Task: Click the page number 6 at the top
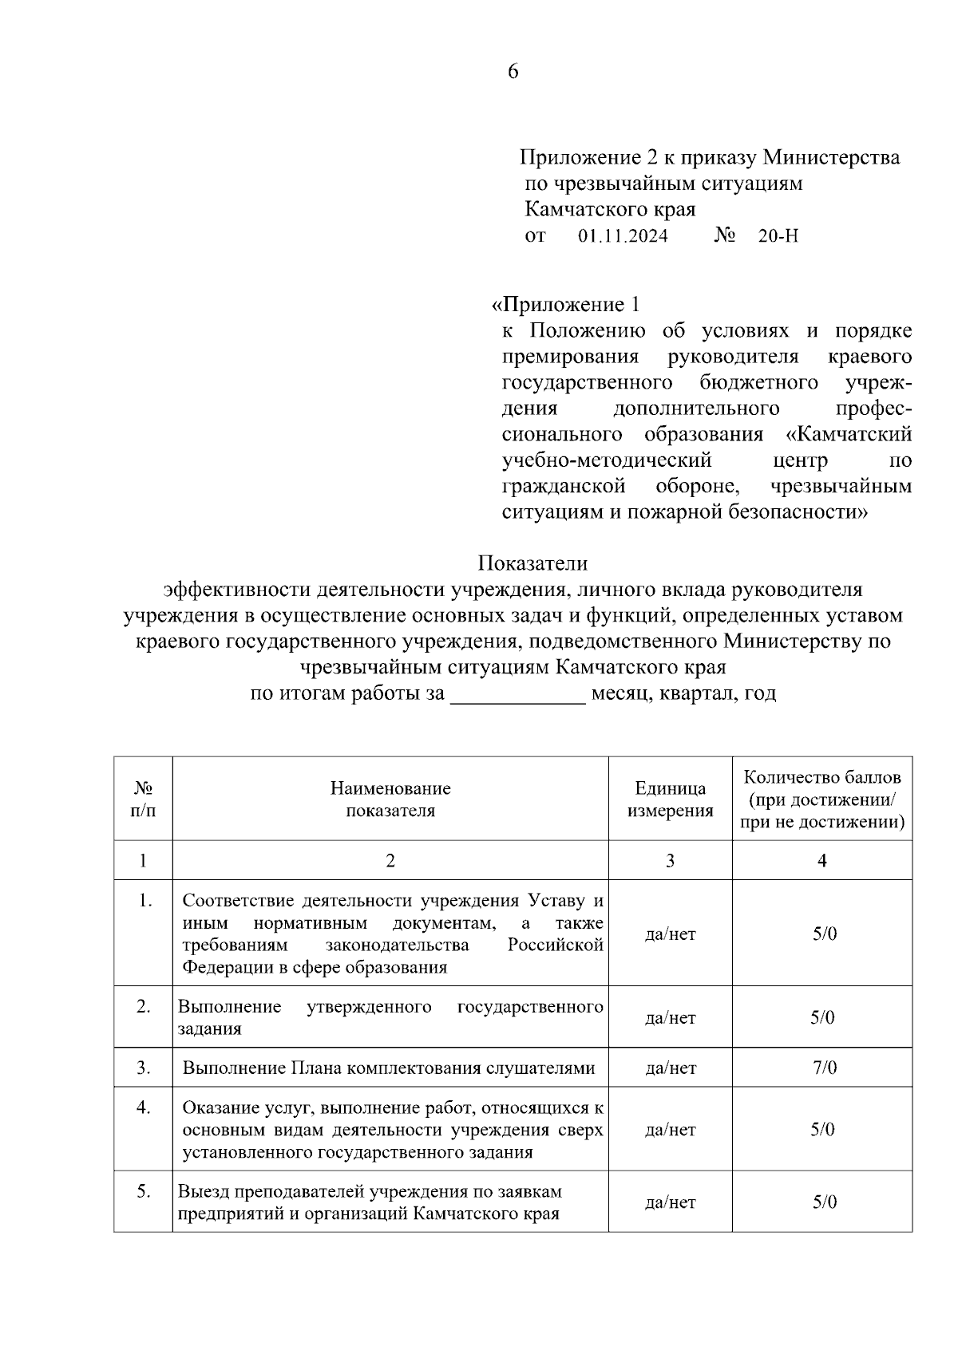(x=513, y=72)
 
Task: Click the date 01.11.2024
(x=623, y=236)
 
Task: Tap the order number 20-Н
(x=778, y=236)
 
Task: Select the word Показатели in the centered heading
(x=532, y=563)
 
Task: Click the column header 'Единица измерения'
(x=670, y=799)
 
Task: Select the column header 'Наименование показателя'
(x=390, y=799)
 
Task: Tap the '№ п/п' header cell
(x=143, y=799)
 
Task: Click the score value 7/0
(x=824, y=1068)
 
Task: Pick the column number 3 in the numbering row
(x=670, y=860)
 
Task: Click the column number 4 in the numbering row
(x=822, y=860)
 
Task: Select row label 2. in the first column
(x=144, y=1007)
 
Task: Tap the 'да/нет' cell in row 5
(x=670, y=1202)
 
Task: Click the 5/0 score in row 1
(x=824, y=934)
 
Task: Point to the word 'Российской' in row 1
(x=556, y=945)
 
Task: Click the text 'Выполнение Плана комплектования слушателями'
(x=389, y=1068)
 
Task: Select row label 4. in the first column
(x=144, y=1107)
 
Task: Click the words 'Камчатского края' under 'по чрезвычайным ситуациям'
(x=610, y=210)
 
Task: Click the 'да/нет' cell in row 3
(x=670, y=1068)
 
